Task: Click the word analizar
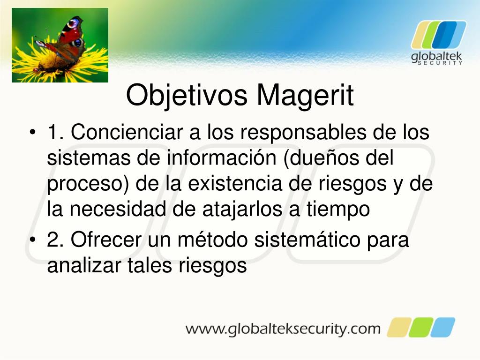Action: [x=84, y=266]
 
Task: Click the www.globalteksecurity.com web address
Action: [x=283, y=328]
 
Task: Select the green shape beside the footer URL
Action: [x=420, y=327]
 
